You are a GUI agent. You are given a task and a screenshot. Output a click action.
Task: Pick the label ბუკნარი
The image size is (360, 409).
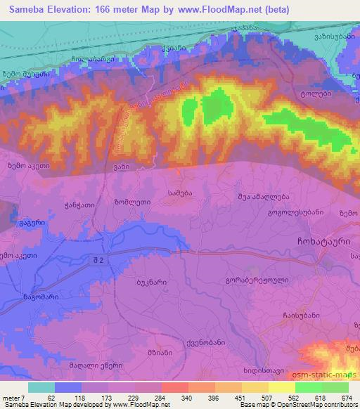(x=150, y=282)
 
